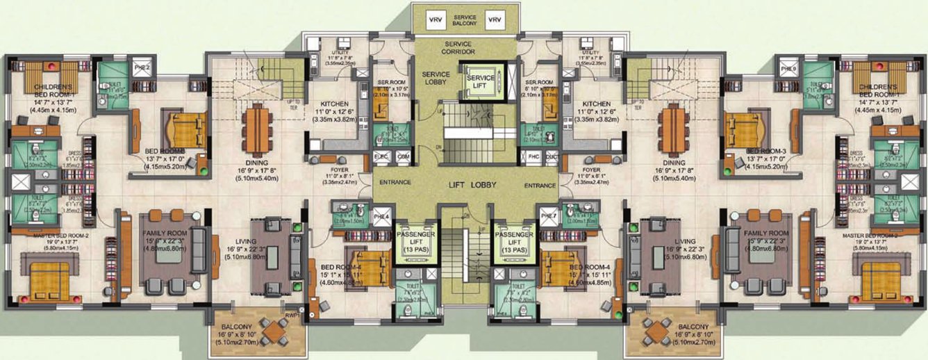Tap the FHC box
(x=533, y=156)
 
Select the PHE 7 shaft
(x=548, y=215)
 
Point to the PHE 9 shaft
(x=788, y=68)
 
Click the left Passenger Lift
(x=415, y=240)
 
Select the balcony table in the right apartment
(x=653, y=333)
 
